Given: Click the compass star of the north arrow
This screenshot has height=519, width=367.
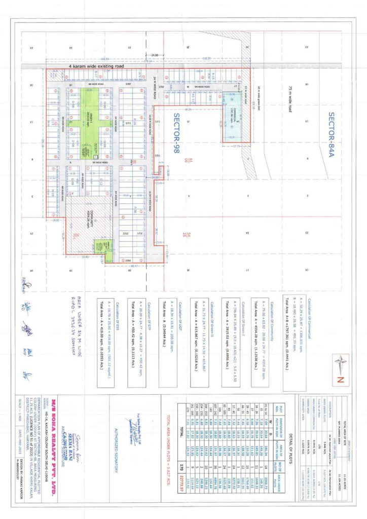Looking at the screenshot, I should (340, 363).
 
